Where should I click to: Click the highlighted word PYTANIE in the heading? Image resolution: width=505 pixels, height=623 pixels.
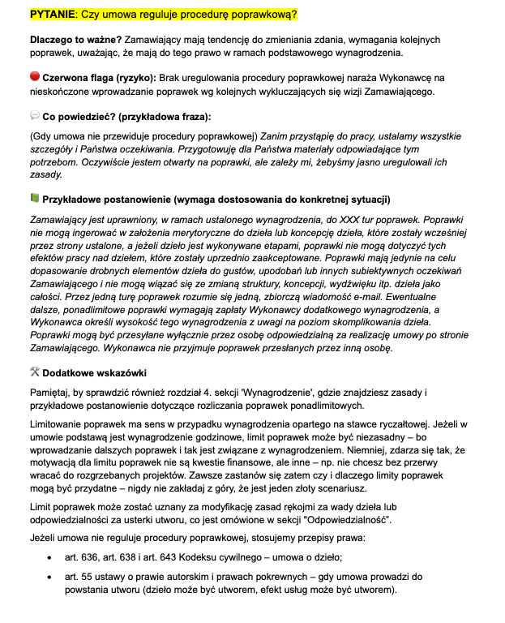coord(53,15)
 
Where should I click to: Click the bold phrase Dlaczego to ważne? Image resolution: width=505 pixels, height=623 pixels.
coord(74,39)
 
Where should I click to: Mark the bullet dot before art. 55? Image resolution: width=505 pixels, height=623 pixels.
coord(50,578)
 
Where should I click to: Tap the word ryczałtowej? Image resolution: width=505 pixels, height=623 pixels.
coord(416,426)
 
